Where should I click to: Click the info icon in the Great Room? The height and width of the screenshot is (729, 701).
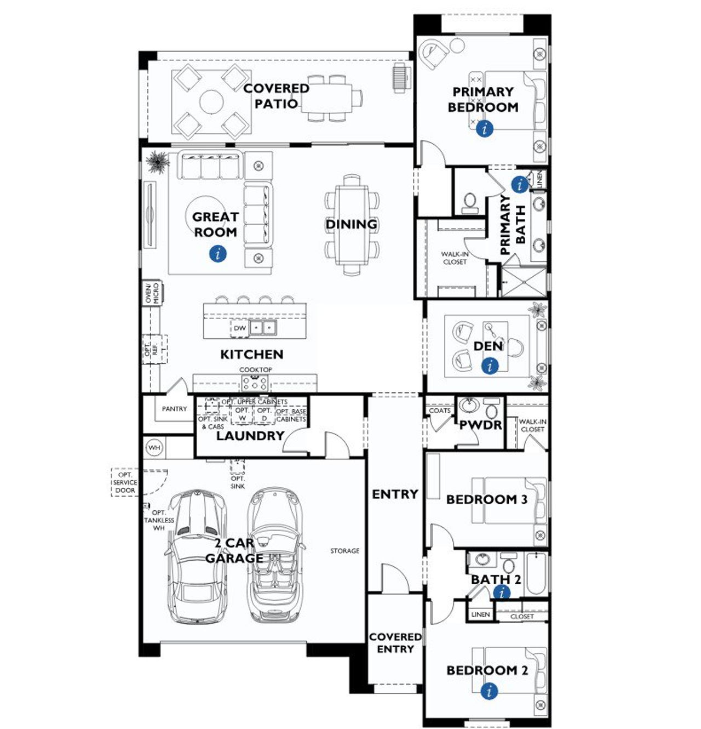[218, 253]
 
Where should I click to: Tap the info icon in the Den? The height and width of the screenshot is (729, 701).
[490, 366]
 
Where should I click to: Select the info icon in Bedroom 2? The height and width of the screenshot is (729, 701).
[489, 691]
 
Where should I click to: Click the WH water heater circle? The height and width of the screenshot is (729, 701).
[154, 448]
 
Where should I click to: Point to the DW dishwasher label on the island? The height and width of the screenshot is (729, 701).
[240, 328]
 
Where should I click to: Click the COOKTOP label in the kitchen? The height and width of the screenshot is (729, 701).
[255, 370]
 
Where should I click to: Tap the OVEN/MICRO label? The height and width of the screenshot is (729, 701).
[152, 293]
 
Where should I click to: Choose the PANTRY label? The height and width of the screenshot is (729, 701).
[174, 409]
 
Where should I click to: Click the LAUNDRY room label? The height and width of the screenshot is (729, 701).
[250, 436]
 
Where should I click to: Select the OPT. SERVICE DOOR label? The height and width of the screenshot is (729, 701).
[125, 482]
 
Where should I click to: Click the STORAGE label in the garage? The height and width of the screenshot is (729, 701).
[345, 550]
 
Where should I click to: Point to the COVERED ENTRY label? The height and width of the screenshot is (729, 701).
[395, 643]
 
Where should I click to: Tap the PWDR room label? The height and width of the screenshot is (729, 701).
[480, 425]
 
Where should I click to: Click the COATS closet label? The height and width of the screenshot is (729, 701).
[440, 411]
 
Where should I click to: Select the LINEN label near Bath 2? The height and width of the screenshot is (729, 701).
[480, 614]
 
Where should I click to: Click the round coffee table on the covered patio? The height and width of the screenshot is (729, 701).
[211, 101]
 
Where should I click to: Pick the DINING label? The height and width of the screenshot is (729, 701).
[352, 224]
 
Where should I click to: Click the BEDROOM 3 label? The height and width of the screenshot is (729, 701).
[486, 499]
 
